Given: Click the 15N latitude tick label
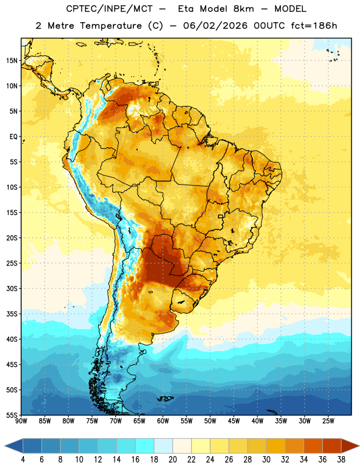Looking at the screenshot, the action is [x=12, y=61].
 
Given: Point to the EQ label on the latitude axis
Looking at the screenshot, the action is [x=13, y=137].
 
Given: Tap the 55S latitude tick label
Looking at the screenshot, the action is [x=12, y=415].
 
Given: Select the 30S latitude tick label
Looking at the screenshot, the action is [x=12, y=288].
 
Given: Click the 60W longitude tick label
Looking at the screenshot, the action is [x=163, y=421].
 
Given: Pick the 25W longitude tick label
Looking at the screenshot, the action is [x=328, y=421].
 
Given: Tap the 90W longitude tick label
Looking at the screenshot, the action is [x=21, y=421].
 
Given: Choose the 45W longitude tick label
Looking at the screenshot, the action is [x=234, y=421].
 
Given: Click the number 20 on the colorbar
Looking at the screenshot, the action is [x=172, y=460].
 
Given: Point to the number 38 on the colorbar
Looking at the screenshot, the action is [x=341, y=460].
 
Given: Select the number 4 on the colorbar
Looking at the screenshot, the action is [x=23, y=460].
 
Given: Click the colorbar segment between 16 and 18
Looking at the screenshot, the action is [x=145, y=446].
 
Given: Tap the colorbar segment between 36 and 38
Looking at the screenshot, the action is [x=332, y=446].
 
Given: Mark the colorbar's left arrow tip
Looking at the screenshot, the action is [x=5, y=446].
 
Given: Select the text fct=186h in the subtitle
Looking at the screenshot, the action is [x=314, y=26].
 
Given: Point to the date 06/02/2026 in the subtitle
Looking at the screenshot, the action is [x=215, y=26].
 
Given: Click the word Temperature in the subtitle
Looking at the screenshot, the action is [x=111, y=26].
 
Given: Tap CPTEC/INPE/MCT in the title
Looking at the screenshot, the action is [x=110, y=9].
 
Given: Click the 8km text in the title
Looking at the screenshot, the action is [x=243, y=9].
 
